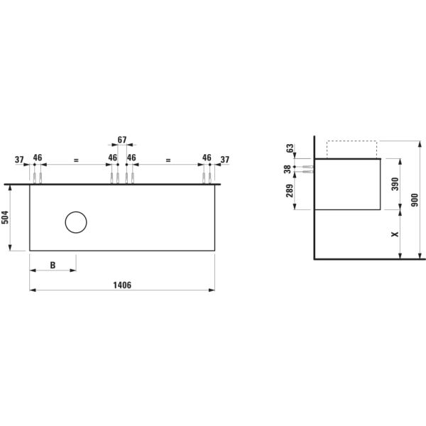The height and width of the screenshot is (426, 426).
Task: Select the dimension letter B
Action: coord(53,265)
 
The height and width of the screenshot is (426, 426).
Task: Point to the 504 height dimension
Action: coord(6,217)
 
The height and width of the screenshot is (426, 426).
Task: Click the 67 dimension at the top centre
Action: coord(122,140)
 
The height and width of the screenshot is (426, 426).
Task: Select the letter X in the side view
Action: coord(395,234)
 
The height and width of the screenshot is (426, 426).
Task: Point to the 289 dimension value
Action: coord(288,192)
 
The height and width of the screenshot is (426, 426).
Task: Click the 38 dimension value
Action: coord(288,169)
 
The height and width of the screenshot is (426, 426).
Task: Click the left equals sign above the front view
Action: coord(75,160)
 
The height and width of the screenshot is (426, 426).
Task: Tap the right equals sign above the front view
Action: coord(168,160)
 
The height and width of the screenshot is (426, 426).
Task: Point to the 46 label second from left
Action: coord(38,158)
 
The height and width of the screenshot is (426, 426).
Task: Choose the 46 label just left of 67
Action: coord(112,158)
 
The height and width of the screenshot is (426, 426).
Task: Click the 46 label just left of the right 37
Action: coord(207,158)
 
